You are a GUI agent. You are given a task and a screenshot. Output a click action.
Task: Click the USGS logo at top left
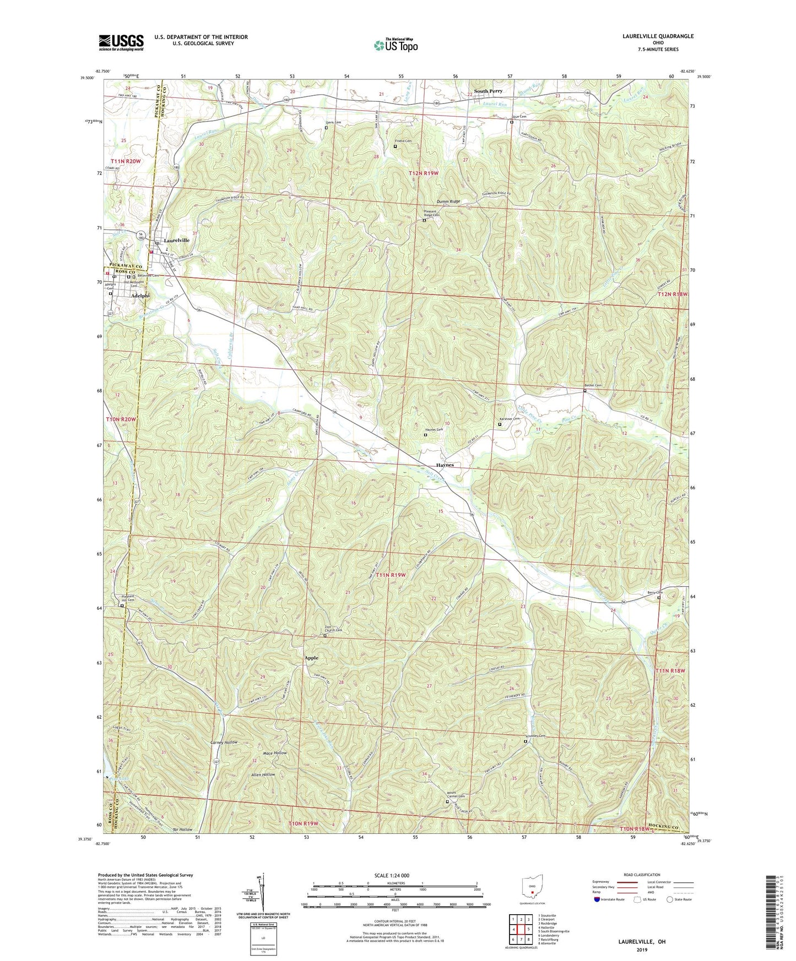coord(121,42)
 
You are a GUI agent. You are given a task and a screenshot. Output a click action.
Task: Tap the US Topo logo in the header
coord(396,45)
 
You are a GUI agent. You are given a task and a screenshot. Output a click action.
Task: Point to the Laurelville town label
coord(176,241)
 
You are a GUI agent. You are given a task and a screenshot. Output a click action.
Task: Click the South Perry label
coord(488,91)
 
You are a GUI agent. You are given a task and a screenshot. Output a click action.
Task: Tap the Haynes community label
coord(445,465)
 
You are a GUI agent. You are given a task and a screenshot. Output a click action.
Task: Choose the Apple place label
coord(311,658)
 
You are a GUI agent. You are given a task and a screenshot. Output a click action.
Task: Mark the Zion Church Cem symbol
coord(325,636)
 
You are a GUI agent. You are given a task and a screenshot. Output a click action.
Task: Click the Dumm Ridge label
coord(448,201)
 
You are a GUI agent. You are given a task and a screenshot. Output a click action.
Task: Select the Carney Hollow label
coord(224,742)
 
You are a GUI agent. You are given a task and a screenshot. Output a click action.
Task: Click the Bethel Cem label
coord(593,385)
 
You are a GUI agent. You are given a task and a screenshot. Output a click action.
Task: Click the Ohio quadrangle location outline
coord(532,887)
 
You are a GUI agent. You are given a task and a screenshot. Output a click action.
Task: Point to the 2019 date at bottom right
coord(642,949)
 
